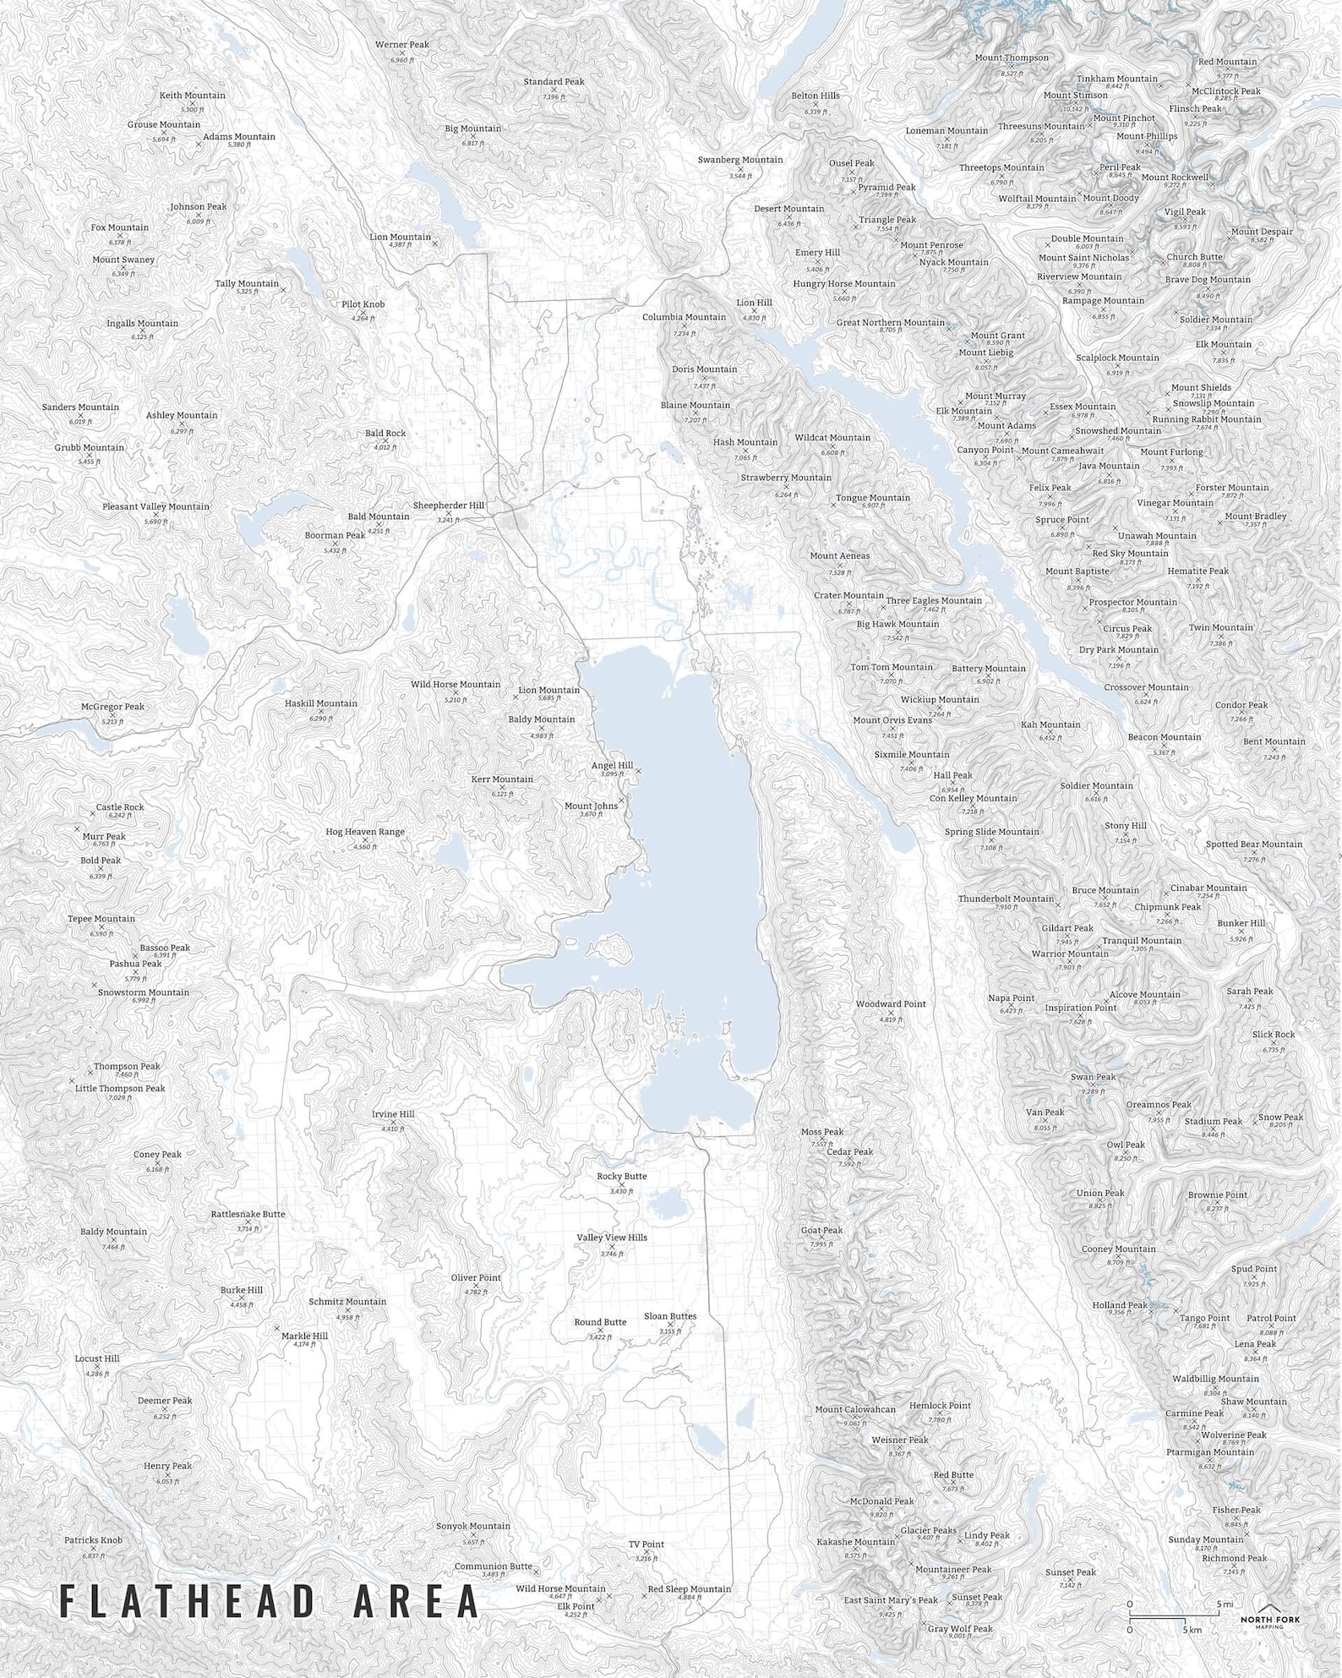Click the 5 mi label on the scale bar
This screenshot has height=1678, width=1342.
(1225, 1604)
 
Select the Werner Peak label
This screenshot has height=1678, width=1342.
(402, 45)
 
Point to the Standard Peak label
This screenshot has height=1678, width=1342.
(554, 82)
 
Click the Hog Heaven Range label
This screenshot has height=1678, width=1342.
(365, 832)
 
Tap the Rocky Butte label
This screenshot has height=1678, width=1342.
(621, 1176)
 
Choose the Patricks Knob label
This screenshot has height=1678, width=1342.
(93, 1540)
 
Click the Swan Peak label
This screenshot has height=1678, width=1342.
(1093, 1077)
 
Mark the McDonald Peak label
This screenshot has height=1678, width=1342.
(881, 1501)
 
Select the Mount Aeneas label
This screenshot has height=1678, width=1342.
(839, 556)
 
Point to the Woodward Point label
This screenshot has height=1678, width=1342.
(891, 1004)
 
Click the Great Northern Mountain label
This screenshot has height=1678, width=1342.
(890, 323)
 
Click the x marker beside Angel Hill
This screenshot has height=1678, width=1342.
(639, 771)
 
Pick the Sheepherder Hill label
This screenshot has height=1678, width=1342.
(448, 506)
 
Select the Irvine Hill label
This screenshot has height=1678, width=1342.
(393, 1114)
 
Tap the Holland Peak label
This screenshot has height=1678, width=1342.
(1120, 1305)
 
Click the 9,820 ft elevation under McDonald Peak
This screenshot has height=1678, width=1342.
(881, 1515)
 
